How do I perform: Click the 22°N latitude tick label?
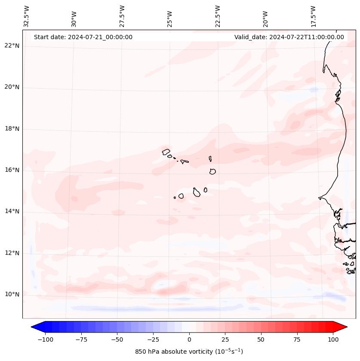[12, 46]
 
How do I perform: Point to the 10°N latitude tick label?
[12, 295]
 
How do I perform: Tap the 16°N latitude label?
[12, 170]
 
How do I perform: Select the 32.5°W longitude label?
[27, 16]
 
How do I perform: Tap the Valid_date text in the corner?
[289, 37]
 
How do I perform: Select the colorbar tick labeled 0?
[189, 339]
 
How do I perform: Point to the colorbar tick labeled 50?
[261, 339]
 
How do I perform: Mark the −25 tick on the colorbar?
[153, 339]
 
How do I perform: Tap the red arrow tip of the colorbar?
[342, 327]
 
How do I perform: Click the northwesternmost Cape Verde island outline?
[166, 151]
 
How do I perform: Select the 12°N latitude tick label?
[12, 253]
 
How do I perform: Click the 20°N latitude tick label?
[12, 87]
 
